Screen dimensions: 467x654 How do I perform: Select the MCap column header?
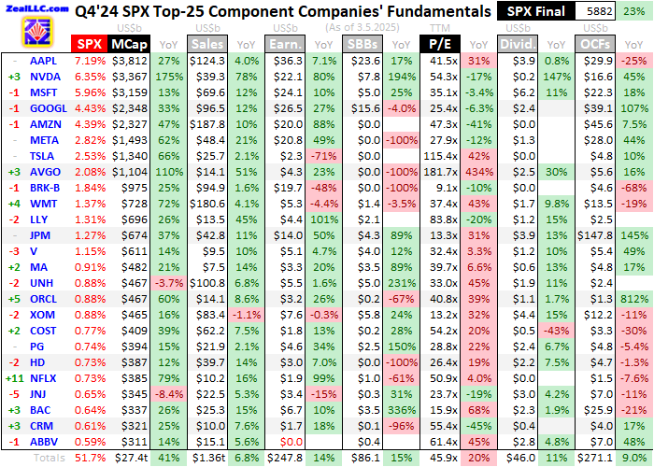[x=127, y=44]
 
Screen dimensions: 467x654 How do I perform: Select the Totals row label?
[x=50, y=459]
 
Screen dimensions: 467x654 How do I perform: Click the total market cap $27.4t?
[x=129, y=459]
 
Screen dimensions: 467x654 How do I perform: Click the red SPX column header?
[x=89, y=44]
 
